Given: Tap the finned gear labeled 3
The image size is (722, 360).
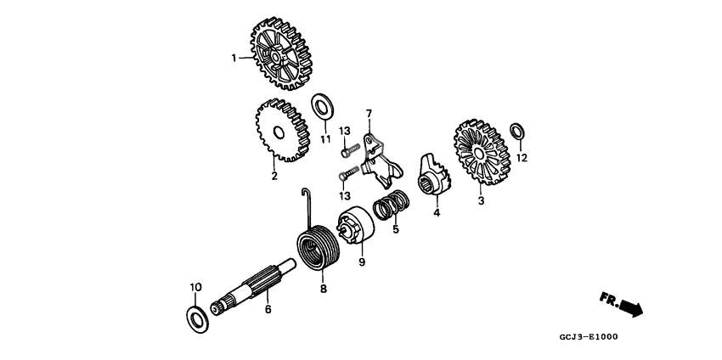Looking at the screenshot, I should (481, 154).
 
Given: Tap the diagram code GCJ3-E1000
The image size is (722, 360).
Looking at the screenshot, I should (589, 337).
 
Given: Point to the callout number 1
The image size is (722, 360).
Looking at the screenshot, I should (234, 58).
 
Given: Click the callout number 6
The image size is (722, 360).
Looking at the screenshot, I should (268, 309).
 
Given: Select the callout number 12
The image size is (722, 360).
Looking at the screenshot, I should (522, 158).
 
